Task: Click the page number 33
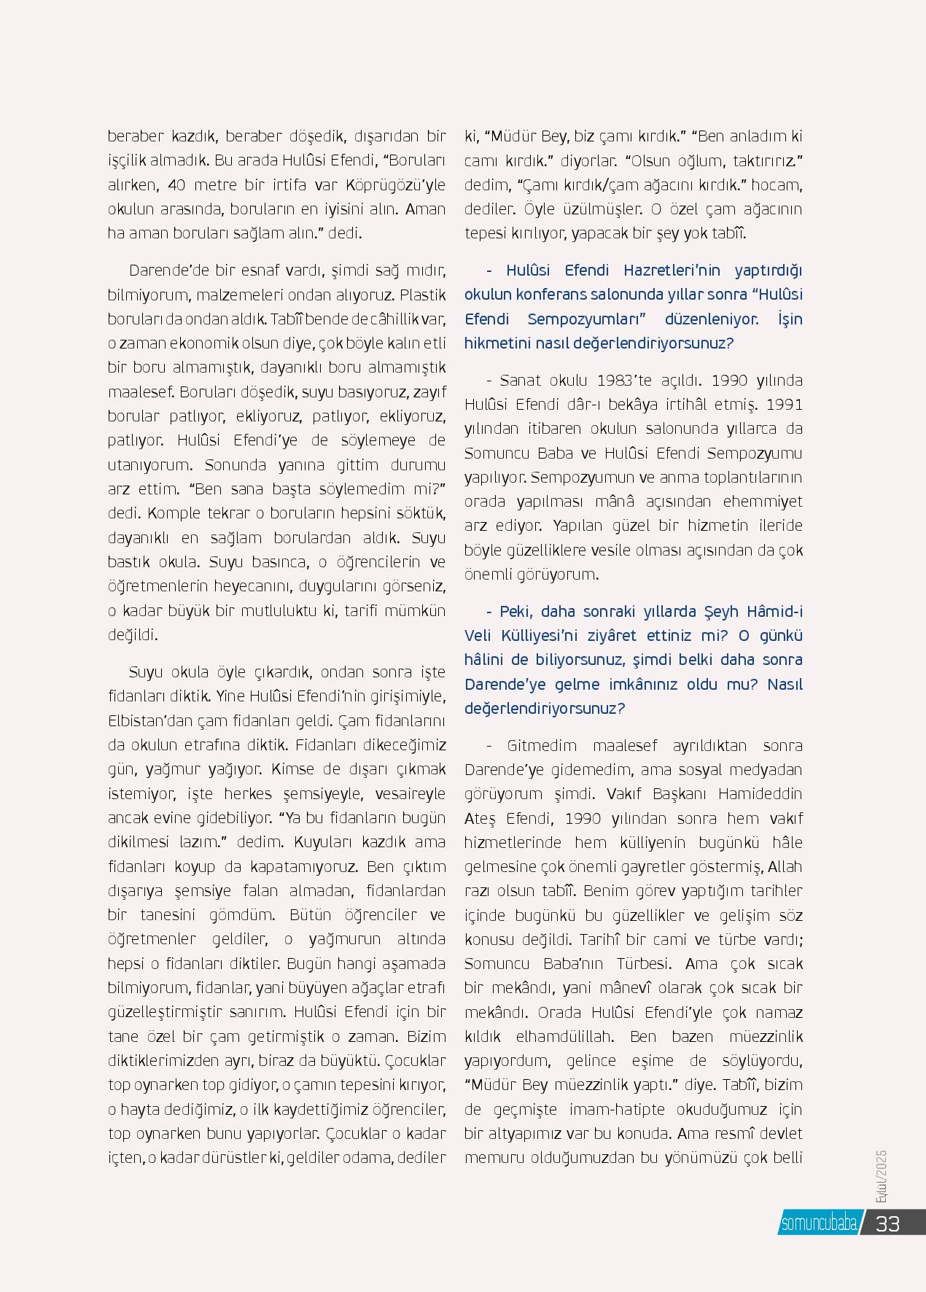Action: coord(887,1223)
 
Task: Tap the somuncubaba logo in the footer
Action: coord(819,1224)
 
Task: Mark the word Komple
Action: coord(174,513)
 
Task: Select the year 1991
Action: coord(785,404)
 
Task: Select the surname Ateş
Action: coord(480,818)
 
